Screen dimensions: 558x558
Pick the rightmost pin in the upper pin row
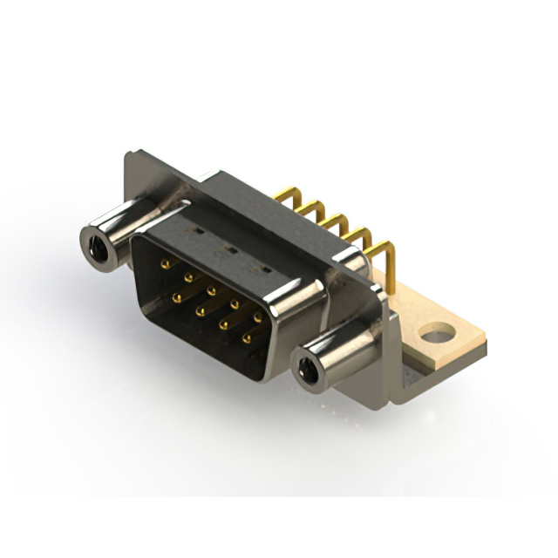pos(257,317)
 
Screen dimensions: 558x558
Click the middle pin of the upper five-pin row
pos(211,289)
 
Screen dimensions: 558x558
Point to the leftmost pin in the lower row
pos(177,298)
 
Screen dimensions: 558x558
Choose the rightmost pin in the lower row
pos(247,337)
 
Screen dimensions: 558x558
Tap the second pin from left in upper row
pos(187,276)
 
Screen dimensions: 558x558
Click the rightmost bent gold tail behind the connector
pos(384,253)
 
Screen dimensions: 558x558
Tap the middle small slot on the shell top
pos(228,250)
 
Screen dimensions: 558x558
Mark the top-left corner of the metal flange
pos(127,156)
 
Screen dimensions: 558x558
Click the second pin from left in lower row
pos(200,310)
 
